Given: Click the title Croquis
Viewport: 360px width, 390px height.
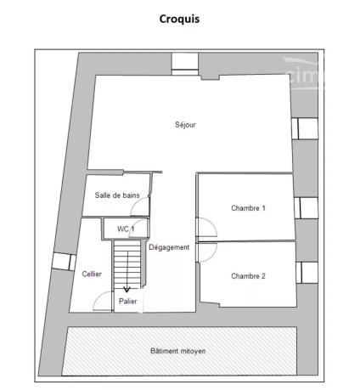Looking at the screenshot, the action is [179, 19].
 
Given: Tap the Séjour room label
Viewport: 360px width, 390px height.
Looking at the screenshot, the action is [185, 125].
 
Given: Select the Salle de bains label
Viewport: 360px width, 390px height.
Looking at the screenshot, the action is [117, 195].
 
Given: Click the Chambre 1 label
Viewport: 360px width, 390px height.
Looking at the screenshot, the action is [248, 208].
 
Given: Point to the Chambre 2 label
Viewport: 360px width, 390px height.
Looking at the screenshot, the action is [248, 276].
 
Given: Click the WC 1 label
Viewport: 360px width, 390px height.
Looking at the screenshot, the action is [126, 229].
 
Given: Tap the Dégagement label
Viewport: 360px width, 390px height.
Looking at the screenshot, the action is [169, 247].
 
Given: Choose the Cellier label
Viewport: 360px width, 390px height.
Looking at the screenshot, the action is [92, 274].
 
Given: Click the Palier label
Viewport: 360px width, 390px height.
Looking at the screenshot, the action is [128, 301].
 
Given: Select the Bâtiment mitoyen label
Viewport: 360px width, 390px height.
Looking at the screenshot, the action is [178, 351].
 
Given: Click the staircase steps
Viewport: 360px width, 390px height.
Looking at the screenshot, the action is [127, 264].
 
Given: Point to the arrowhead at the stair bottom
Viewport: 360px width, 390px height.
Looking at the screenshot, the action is [127, 290].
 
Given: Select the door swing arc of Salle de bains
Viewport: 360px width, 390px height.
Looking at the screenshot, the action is [136, 202].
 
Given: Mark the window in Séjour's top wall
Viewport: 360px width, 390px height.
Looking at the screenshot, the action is [185, 65].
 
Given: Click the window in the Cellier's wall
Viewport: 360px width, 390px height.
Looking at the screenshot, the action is [64, 262].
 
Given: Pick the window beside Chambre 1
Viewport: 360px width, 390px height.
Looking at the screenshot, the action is [306, 208].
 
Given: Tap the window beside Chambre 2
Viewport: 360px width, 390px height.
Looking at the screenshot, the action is [307, 273].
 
